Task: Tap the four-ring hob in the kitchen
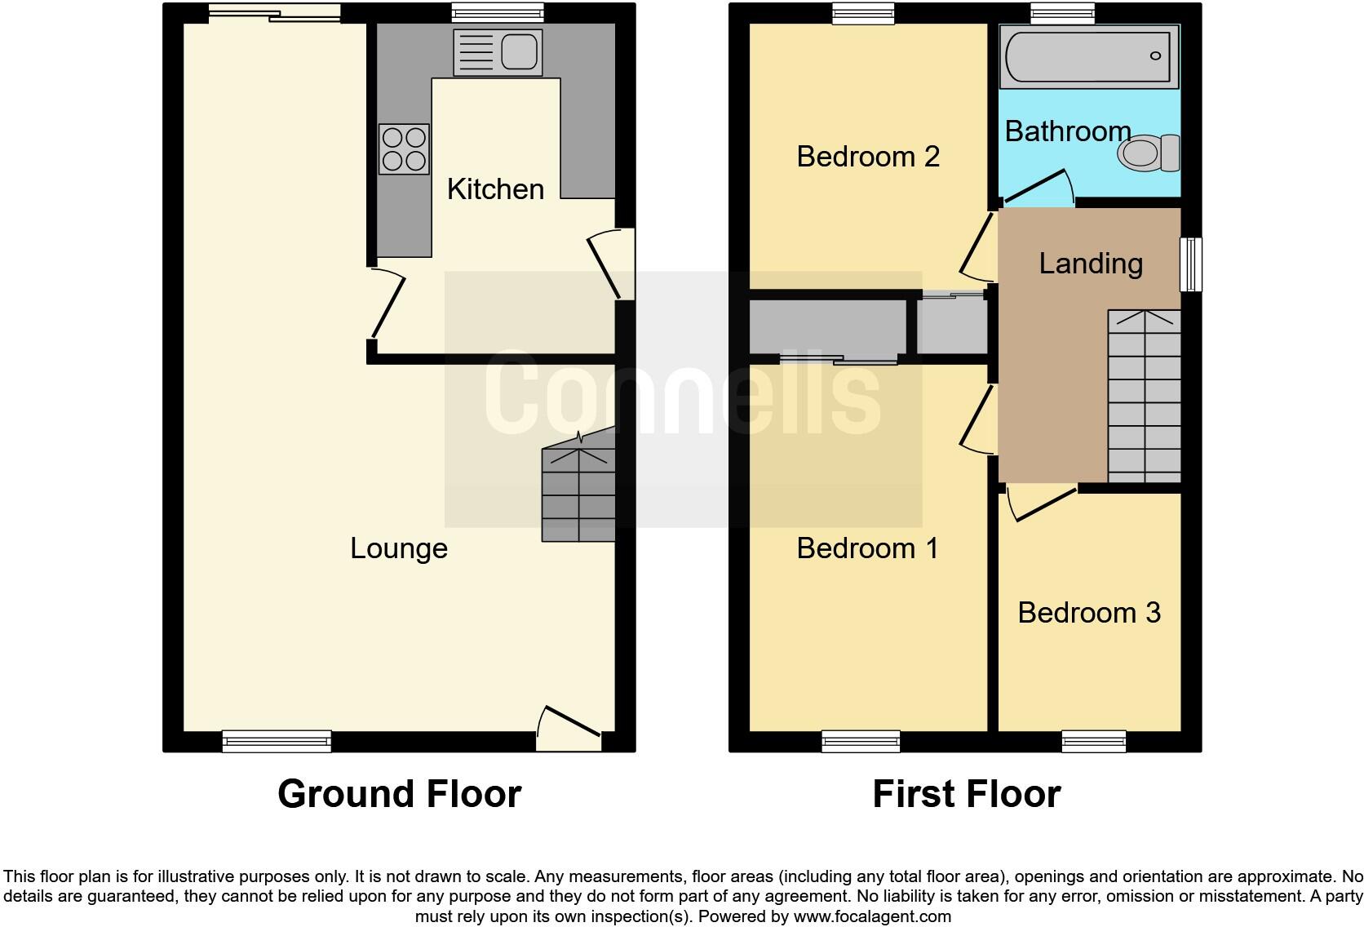click(x=404, y=149)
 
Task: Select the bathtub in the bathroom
click(x=1090, y=56)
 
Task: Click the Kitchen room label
click(x=495, y=189)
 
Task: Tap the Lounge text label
click(x=399, y=548)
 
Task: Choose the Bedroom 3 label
click(x=1089, y=613)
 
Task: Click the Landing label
click(x=1091, y=264)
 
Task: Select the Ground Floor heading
click(x=399, y=794)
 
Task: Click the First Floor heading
click(x=966, y=794)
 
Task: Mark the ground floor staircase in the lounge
click(x=578, y=490)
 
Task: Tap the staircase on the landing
click(x=1144, y=397)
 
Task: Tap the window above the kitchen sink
click(x=498, y=12)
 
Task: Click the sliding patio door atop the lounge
click(x=274, y=12)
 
